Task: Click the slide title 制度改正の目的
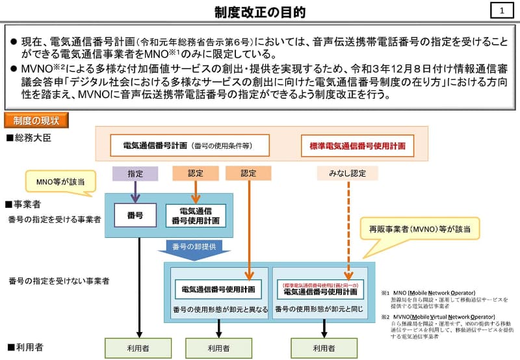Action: click(x=259, y=12)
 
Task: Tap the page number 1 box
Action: click(x=501, y=10)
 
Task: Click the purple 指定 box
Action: click(x=135, y=174)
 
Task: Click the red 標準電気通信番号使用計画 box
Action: click(x=357, y=146)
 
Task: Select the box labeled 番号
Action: click(x=136, y=215)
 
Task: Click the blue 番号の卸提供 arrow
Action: click(x=194, y=249)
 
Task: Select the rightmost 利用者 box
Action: click(x=324, y=348)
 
